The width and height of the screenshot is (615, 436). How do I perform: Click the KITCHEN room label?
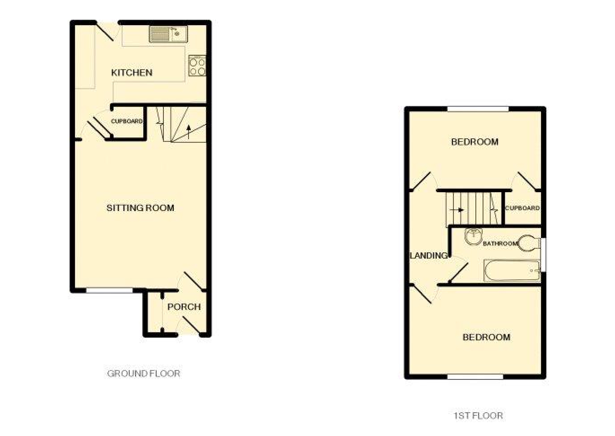point(132,73)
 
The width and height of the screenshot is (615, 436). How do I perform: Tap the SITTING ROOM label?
point(141,208)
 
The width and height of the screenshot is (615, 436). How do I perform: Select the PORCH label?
point(184,307)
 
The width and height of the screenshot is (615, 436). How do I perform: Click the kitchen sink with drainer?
point(168,34)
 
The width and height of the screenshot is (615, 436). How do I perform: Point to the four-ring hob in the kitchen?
point(197,66)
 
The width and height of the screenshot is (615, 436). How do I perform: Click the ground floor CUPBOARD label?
point(127,121)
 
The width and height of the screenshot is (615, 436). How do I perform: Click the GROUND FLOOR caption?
point(144,374)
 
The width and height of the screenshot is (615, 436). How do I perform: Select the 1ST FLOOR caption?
point(478,416)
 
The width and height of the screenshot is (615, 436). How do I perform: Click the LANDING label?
point(428,255)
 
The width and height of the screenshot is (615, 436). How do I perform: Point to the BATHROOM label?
point(500,243)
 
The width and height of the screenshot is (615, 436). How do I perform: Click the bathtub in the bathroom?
point(512,271)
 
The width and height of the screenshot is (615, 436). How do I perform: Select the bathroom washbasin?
point(474,236)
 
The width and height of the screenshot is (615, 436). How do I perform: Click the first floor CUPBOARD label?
point(523,208)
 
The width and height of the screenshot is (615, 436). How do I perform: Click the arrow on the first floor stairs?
point(457,210)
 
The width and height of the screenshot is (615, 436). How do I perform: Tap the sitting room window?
point(110,291)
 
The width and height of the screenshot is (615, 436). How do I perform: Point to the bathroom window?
point(543,255)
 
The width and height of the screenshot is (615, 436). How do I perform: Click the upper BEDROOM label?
point(474,142)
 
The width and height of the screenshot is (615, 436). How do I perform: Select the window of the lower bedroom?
point(475,377)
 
